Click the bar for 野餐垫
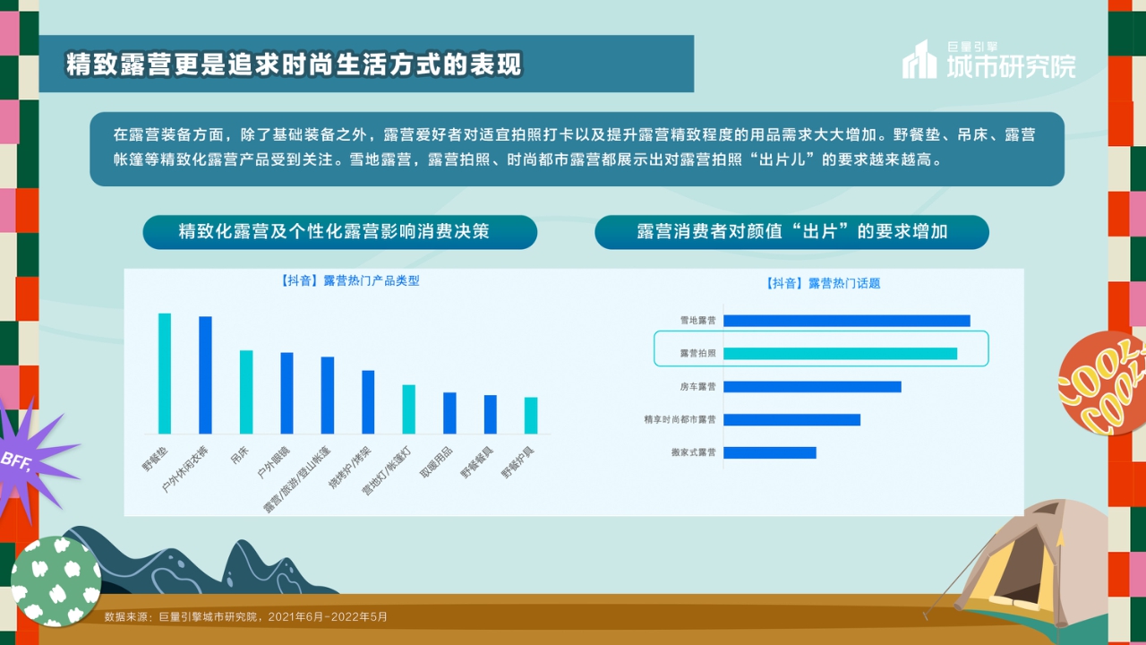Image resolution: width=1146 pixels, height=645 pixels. click(165, 374)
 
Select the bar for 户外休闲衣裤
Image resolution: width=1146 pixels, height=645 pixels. click(205, 375)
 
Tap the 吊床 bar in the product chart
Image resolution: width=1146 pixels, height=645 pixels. click(246, 392)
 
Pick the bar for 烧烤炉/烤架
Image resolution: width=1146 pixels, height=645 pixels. click(368, 402)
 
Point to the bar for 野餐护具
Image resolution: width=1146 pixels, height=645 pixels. click(531, 416)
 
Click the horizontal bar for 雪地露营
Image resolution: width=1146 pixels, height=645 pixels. click(846, 321)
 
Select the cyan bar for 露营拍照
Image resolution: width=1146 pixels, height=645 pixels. click(840, 354)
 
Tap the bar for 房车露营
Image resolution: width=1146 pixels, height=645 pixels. click(812, 387)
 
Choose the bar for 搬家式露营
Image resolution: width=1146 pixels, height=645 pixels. click(770, 452)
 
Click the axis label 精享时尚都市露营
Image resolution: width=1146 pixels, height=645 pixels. click(680, 419)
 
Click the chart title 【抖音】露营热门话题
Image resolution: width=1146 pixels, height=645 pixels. click(823, 283)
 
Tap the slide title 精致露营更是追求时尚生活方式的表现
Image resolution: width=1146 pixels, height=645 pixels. click(294, 64)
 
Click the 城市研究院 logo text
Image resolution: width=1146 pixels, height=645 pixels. click(1011, 65)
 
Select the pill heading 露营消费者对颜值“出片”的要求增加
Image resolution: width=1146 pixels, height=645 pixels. click(791, 232)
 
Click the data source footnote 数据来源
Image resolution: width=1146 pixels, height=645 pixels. click(246, 616)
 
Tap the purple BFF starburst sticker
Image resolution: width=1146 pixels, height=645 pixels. click(27, 457)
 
